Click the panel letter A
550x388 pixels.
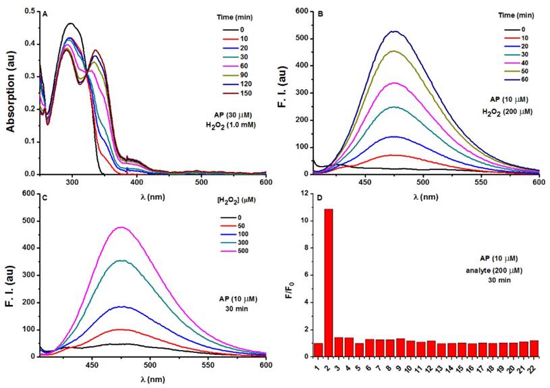point(45,13)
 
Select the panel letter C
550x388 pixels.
point(45,199)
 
